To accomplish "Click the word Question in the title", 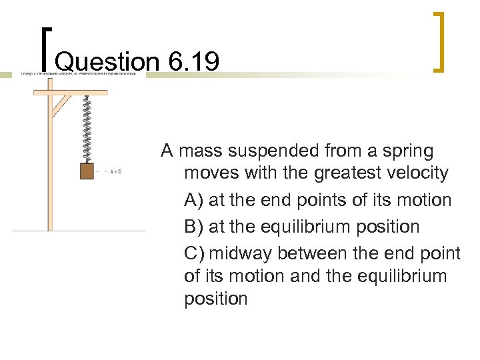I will pos(107,63).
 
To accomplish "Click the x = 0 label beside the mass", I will pos(115,172).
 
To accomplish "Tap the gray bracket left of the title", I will pos(45,48).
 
